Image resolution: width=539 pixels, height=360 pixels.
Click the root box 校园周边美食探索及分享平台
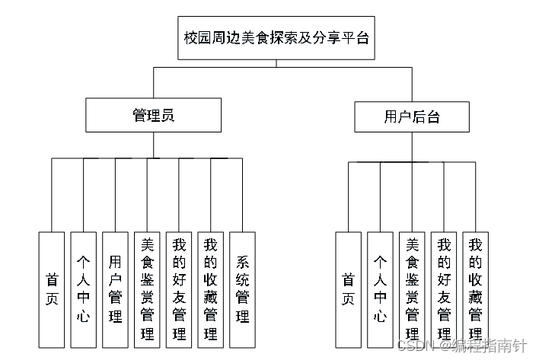276,37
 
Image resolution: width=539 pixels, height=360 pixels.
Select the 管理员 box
153,116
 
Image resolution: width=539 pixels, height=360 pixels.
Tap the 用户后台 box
411,116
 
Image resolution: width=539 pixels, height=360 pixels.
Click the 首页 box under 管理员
52,289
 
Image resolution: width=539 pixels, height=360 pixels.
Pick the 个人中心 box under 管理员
84,289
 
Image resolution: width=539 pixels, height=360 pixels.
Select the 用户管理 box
115,289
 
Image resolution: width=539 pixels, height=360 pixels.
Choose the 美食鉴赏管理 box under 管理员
147,289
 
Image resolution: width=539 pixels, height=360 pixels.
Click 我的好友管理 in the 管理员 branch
179,289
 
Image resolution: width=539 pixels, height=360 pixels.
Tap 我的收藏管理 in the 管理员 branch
211,289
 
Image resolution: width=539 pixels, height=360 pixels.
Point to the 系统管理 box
242,289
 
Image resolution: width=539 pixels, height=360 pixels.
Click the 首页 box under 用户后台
349,289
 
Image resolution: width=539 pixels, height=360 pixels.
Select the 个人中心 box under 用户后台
380,289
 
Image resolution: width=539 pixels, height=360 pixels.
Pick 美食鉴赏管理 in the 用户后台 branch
412,289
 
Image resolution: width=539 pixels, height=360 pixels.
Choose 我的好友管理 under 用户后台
444,289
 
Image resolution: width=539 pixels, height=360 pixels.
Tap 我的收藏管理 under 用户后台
476,289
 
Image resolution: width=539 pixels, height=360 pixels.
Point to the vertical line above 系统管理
242,194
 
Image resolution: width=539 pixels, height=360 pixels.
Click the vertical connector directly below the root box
276,63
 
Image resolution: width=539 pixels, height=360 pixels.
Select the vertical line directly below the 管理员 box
153,145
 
